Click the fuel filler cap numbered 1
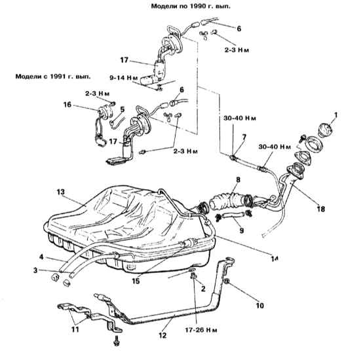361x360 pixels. coord(325,131)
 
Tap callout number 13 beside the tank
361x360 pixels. coord(61,192)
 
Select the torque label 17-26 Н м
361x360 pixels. coord(201,330)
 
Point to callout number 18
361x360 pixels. coord(321,209)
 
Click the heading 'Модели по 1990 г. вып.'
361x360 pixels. coord(191,6)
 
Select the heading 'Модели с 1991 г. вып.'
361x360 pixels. coord(53,77)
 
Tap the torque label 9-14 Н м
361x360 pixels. coord(124,78)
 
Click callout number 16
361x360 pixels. coord(67,105)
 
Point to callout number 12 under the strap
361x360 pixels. coord(162,335)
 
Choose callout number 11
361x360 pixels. coord(75,329)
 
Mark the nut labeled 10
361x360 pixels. coord(226,281)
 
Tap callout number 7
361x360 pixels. coord(244,137)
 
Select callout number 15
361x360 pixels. coord(136,281)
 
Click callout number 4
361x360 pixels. coord(41,257)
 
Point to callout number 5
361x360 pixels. coord(123,109)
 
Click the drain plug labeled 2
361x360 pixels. coord(193,276)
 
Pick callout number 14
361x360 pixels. coord(275,259)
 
